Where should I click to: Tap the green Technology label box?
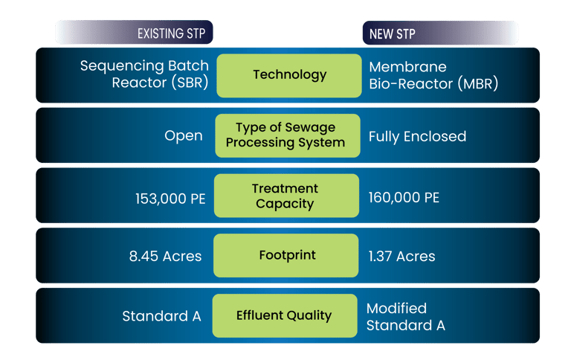289,75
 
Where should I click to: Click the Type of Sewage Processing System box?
285,135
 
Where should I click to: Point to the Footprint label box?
287,256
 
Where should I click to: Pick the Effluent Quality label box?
283,315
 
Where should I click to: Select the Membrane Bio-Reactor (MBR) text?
433,74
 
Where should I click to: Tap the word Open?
184,136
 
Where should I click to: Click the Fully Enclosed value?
417,136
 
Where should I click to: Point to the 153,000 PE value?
170,198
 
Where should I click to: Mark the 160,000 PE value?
404,198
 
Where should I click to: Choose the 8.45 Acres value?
165,257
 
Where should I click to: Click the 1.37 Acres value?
401,257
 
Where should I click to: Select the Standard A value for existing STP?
161,316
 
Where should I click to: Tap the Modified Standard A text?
405,316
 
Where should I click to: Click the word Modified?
396,308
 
